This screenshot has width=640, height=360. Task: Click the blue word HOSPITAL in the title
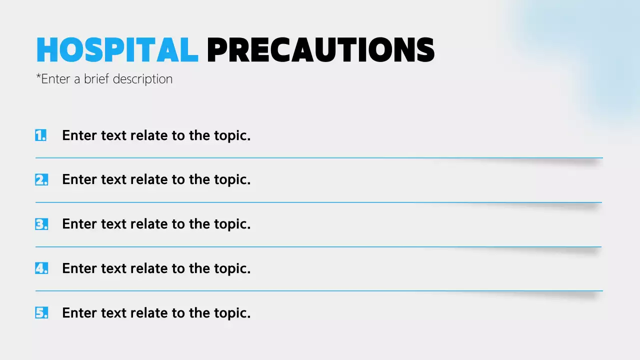117,50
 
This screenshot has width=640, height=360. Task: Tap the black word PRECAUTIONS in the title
320,50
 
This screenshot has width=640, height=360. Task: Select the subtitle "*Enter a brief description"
104,79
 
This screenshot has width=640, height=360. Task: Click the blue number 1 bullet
41,135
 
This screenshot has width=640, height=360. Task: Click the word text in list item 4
113,268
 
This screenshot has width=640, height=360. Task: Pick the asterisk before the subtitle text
38,77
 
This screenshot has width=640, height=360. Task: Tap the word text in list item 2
113,180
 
